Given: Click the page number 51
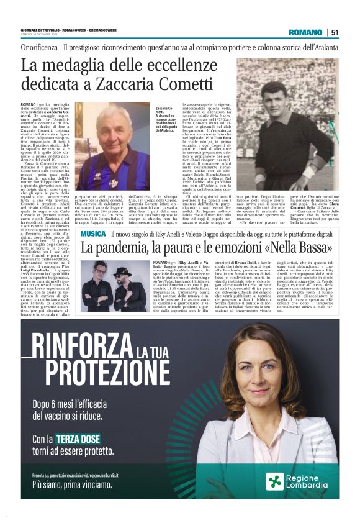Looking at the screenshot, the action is (x=335, y=32).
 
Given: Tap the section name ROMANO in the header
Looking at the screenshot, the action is (x=305, y=32).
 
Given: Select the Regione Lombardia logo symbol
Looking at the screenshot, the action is (x=274, y=481).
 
